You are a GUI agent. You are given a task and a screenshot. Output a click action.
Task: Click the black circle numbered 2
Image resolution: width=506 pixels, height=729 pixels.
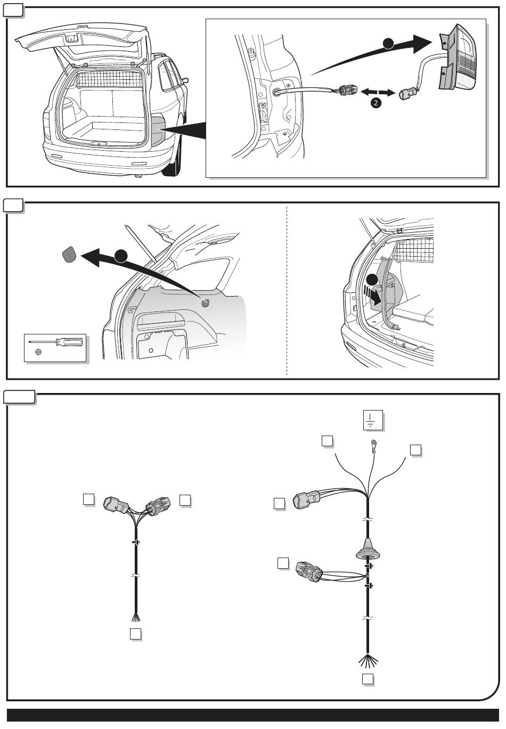click(376, 103)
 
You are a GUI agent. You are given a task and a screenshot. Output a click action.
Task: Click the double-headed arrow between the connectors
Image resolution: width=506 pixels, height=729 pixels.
click(378, 93)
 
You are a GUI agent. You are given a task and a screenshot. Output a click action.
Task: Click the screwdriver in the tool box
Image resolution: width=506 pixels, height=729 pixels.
click(56, 342)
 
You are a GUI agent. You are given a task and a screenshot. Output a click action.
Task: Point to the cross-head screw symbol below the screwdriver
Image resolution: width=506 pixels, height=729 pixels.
click(38, 352)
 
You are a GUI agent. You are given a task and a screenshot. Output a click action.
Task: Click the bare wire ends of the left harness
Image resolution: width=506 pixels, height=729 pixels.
click(136, 617)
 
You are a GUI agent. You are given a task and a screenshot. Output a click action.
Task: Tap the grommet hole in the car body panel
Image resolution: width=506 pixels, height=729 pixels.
click(276, 92)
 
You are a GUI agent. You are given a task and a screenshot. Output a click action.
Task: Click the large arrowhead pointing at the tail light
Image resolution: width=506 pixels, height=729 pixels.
click(422, 44)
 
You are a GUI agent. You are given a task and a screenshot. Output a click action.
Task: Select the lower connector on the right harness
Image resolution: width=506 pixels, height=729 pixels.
click(309, 571)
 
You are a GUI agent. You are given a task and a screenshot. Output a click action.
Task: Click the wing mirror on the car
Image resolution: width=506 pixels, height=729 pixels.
click(185, 80)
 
